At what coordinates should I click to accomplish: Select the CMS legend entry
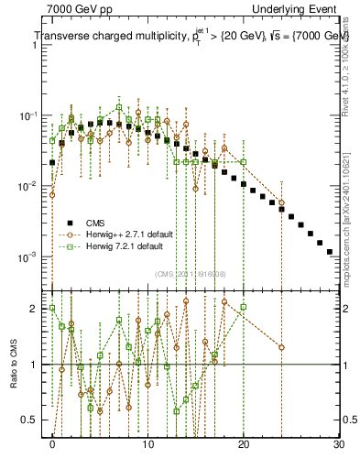[95, 222]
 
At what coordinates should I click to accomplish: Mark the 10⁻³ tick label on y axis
[31, 256]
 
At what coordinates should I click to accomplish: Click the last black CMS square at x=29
[329, 250]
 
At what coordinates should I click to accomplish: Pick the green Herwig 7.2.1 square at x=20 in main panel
[243, 162]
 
